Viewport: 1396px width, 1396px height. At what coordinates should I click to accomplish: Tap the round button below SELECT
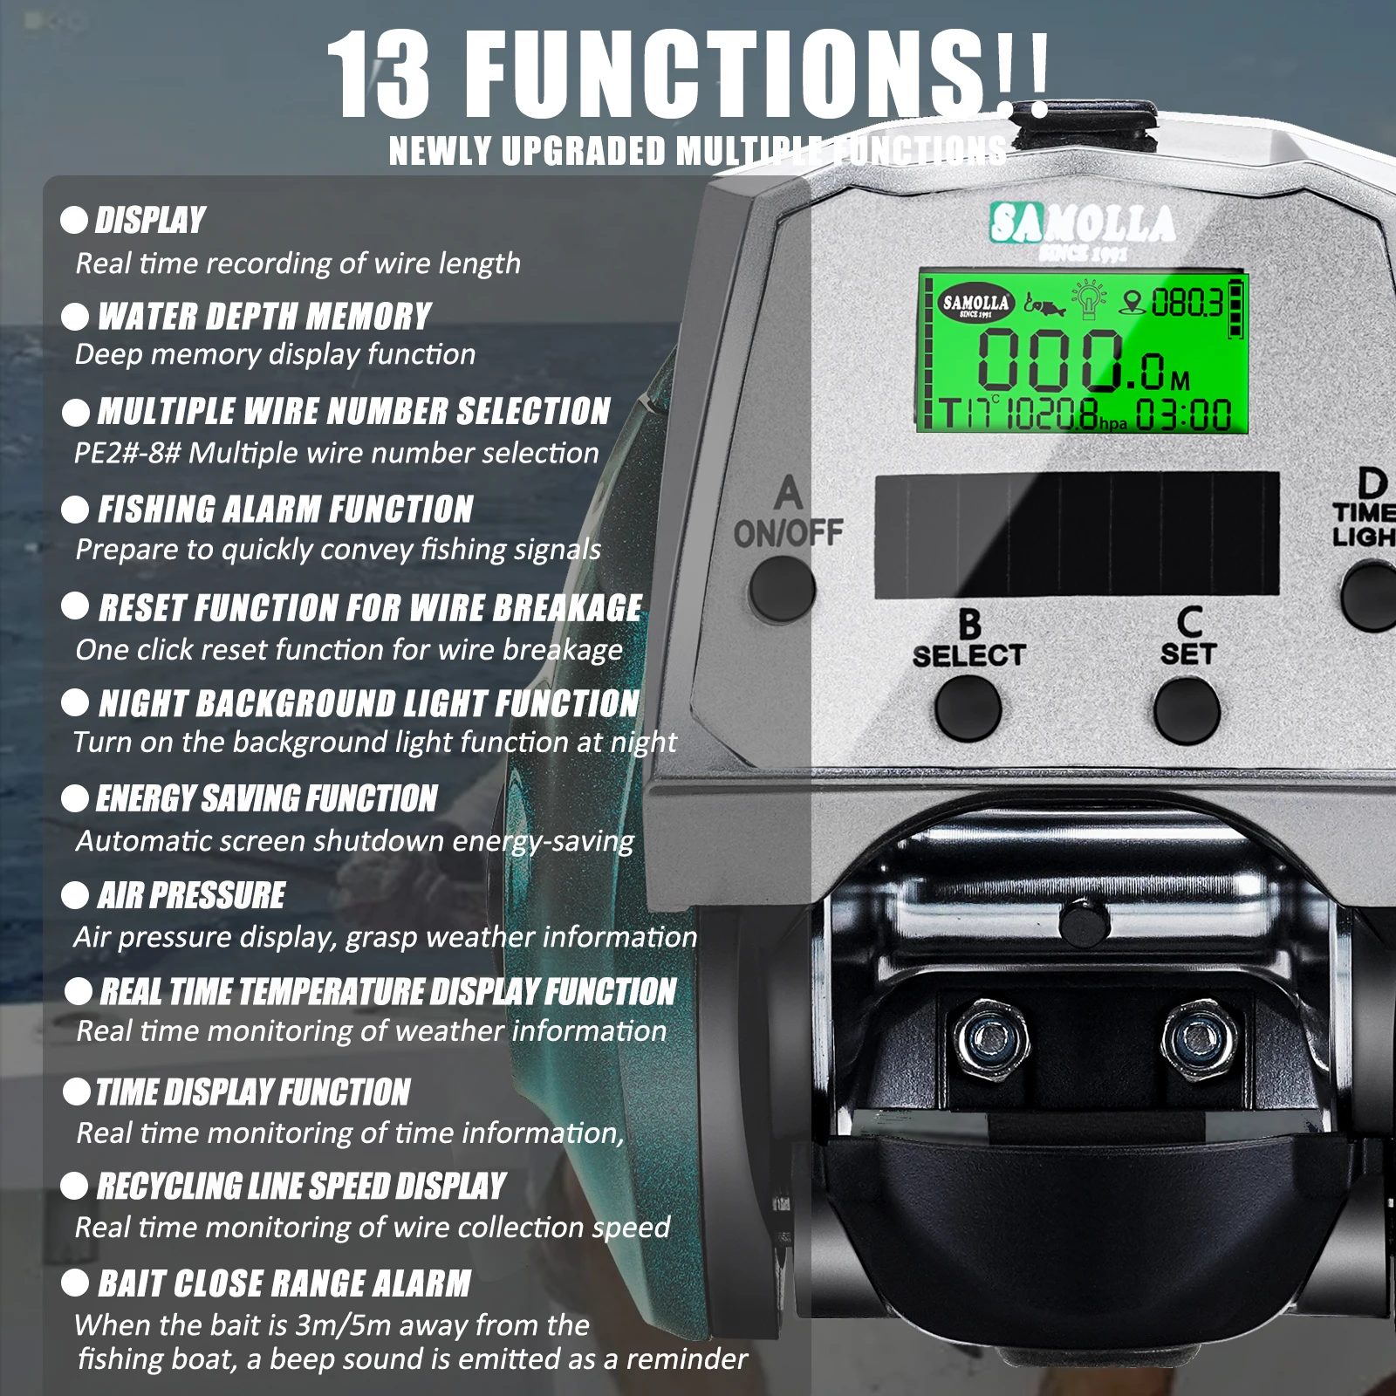968,707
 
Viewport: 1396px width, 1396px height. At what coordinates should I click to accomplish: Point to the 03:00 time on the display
1183,415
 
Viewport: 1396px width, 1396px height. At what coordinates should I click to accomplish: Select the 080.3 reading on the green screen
1186,304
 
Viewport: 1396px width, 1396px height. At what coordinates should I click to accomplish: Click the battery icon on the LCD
1235,308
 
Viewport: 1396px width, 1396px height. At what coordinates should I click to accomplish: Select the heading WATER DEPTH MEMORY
264,316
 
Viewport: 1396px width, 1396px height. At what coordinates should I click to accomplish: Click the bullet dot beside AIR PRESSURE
75,894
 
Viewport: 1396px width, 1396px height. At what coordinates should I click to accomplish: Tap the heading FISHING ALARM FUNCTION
285,510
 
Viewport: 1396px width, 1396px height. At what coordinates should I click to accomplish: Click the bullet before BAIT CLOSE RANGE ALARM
75,1283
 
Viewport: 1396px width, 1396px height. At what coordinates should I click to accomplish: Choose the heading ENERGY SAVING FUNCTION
266,798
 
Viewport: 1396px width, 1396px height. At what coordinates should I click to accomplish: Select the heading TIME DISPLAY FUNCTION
253,1091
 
